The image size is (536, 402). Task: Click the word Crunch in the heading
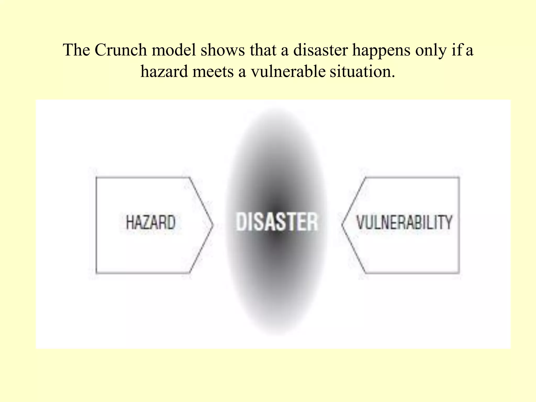tap(120, 50)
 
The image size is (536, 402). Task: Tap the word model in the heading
tap(174, 50)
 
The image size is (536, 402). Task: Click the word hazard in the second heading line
tap(164, 71)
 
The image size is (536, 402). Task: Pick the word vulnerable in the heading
tap(288, 71)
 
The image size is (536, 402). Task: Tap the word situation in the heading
tap(362, 71)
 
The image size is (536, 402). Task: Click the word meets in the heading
tap(213, 71)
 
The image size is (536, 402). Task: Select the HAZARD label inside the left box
tap(150, 222)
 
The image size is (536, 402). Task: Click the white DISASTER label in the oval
tap(277, 222)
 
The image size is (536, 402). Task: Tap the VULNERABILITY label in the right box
tap(404, 222)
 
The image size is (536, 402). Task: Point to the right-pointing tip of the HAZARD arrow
tap(213, 225)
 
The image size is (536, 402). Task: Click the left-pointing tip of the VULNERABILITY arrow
tap(343, 225)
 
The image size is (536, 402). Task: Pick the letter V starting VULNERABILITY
tap(361, 222)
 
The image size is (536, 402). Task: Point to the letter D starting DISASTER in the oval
tap(241, 222)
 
